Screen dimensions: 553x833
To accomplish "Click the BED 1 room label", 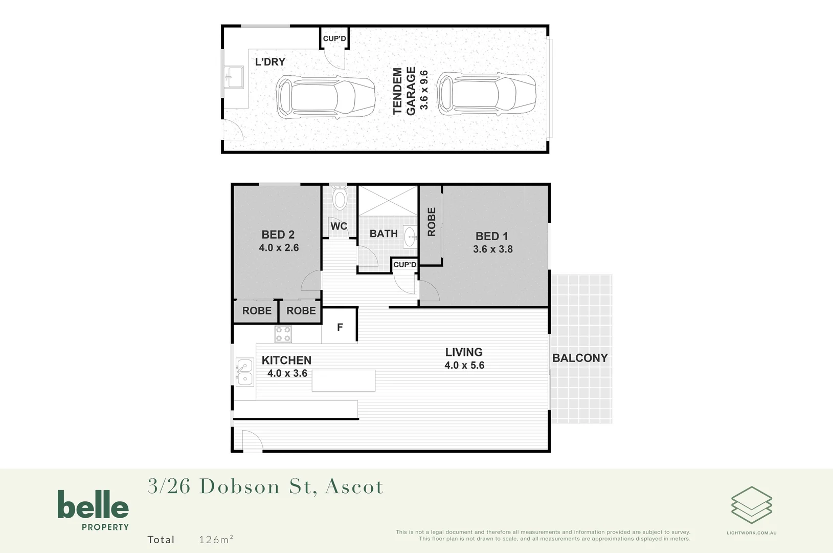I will coord(491,236).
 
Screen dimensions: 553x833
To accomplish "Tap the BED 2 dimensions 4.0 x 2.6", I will coord(279,248).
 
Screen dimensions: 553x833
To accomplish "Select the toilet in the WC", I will coord(340,199).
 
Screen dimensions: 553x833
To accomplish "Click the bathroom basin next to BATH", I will coord(410,237).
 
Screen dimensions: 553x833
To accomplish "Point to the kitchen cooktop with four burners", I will coord(283,334).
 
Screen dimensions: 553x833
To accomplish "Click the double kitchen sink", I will coord(244,372).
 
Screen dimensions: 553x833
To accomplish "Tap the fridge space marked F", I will coord(340,327).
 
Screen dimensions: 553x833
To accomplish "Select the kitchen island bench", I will coord(343,380).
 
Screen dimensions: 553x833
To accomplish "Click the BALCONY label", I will coord(580,358).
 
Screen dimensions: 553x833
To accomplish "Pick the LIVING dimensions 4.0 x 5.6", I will coord(464,366).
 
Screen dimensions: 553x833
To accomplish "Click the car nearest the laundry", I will coord(325,97).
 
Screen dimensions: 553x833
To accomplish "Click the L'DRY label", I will coord(270,62).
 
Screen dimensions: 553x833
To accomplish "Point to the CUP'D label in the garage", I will coord(334,38).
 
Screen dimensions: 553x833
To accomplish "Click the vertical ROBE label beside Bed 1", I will coord(432,222).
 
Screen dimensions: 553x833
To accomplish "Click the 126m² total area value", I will coord(216,539).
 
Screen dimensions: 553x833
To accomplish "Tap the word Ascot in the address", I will coord(354,486).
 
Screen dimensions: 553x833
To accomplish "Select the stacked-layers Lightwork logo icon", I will coord(751,505).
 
